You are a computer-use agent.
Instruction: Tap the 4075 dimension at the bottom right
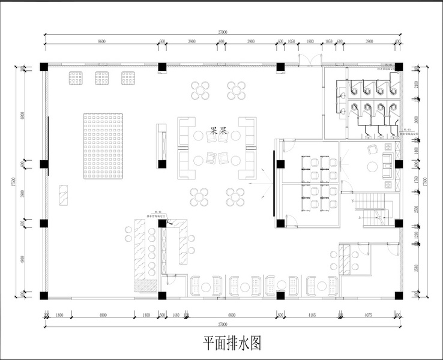tap(368, 315)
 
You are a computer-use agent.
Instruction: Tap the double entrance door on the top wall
tap(309, 58)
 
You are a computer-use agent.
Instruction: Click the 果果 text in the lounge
tap(217, 129)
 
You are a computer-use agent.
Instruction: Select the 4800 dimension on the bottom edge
tap(103, 315)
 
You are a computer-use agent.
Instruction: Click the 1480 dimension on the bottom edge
tap(176, 315)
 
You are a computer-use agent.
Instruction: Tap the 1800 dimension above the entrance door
tap(310, 42)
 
